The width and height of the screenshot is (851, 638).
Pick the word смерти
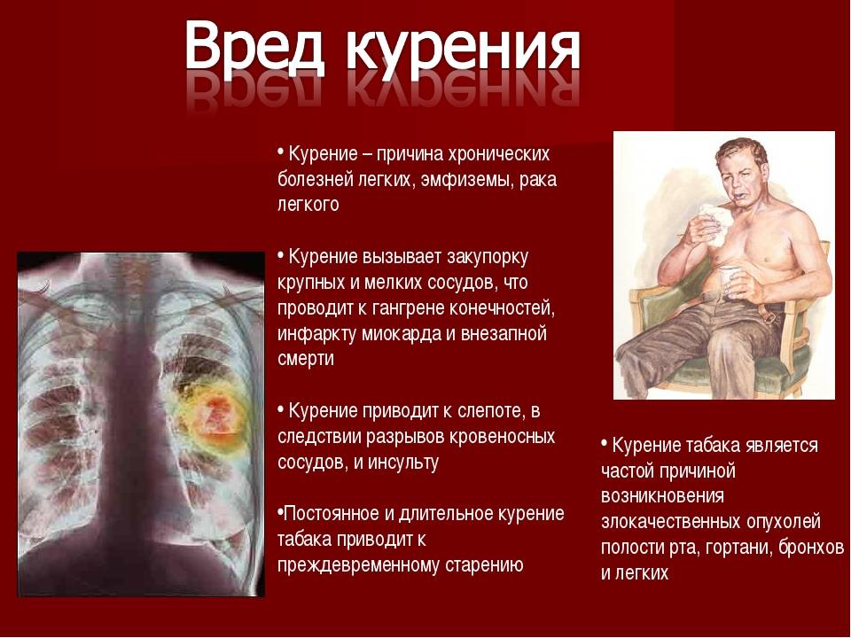(306, 359)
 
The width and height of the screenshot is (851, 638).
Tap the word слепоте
(493, 411)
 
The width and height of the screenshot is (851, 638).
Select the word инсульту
(403, 463)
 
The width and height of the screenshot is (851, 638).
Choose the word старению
(484, 565)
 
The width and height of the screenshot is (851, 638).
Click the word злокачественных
(671, 522)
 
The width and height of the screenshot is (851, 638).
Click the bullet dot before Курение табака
(604, 443)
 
